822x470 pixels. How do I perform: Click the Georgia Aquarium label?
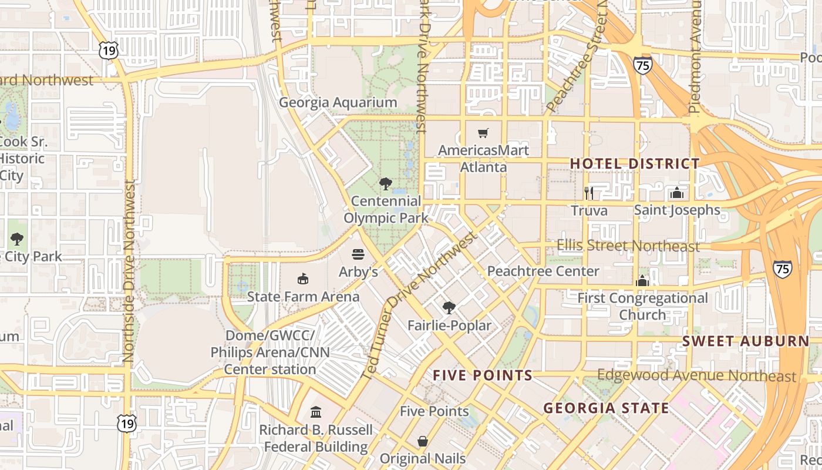pyautogui.click(x=338, y=103)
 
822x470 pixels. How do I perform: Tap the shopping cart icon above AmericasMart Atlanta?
pyautogui.click(x=483, y=133)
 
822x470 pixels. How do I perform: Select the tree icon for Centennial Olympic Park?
pyautogui.click(x=386, y=184)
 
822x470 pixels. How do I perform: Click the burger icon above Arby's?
pyautogui.click(x=358, y=254)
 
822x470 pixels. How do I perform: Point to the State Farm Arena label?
pyautogui.click(x=303, y=297)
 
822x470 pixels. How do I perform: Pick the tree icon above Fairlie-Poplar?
pyautogui.click(x=449, y=307)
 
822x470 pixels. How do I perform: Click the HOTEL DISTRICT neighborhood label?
pyautogui.click(x=635, y=164)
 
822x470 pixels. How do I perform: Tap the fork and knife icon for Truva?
pyautogui.click(x=589, y=193)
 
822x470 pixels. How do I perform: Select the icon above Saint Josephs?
pyautogui.click(x=677, y=193)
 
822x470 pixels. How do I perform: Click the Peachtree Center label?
pyautogui.click(x=543, y=271)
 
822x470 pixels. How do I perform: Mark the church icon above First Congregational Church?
pyautogui.click(x=642, y=281)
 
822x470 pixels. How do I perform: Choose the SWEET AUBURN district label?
pyautogui.click(x=746, y=341)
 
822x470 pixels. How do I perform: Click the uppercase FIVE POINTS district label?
pyautogui.click(x=483, y=375)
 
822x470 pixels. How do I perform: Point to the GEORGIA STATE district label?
pyautogui.click(x=606, y=408)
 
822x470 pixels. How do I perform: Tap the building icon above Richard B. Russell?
pyautogui.click(x=316, y=412)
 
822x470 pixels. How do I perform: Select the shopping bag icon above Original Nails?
pyautogui.click(x=423, y=441)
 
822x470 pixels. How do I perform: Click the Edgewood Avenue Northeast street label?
pyautogui.click(x=696, y=376)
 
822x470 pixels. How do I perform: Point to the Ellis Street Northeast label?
pyautogui.click(x=628, y=246)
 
